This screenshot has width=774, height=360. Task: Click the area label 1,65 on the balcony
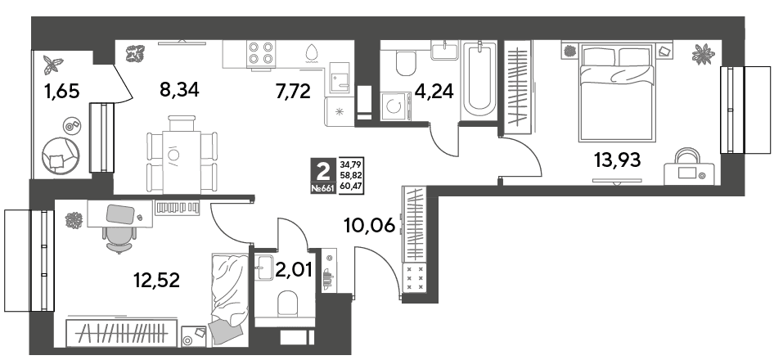(x=61, y=92)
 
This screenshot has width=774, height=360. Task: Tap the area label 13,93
(x=618, y=160)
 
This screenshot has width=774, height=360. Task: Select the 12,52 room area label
(x=157, y=280)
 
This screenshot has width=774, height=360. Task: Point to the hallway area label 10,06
(x=370, y=226)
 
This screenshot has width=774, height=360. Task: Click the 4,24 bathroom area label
(x=435, y=92)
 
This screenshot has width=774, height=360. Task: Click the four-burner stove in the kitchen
(x=261, y=53)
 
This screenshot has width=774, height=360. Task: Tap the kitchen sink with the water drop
(x=312, y=53)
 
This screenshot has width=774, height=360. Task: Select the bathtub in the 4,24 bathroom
(x=479, y=80)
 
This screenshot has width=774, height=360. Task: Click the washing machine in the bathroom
(x=396, y=106)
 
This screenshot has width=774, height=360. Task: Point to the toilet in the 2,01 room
(x=287, y=302)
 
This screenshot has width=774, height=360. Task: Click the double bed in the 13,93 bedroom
(x=618, y=92)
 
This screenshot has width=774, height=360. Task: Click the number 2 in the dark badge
(x=323, y=173)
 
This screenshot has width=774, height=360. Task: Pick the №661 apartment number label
(x=323, y=188)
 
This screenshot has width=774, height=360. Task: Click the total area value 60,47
(x=349, y=188)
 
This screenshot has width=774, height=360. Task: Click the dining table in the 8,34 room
(x=182, y=155)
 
